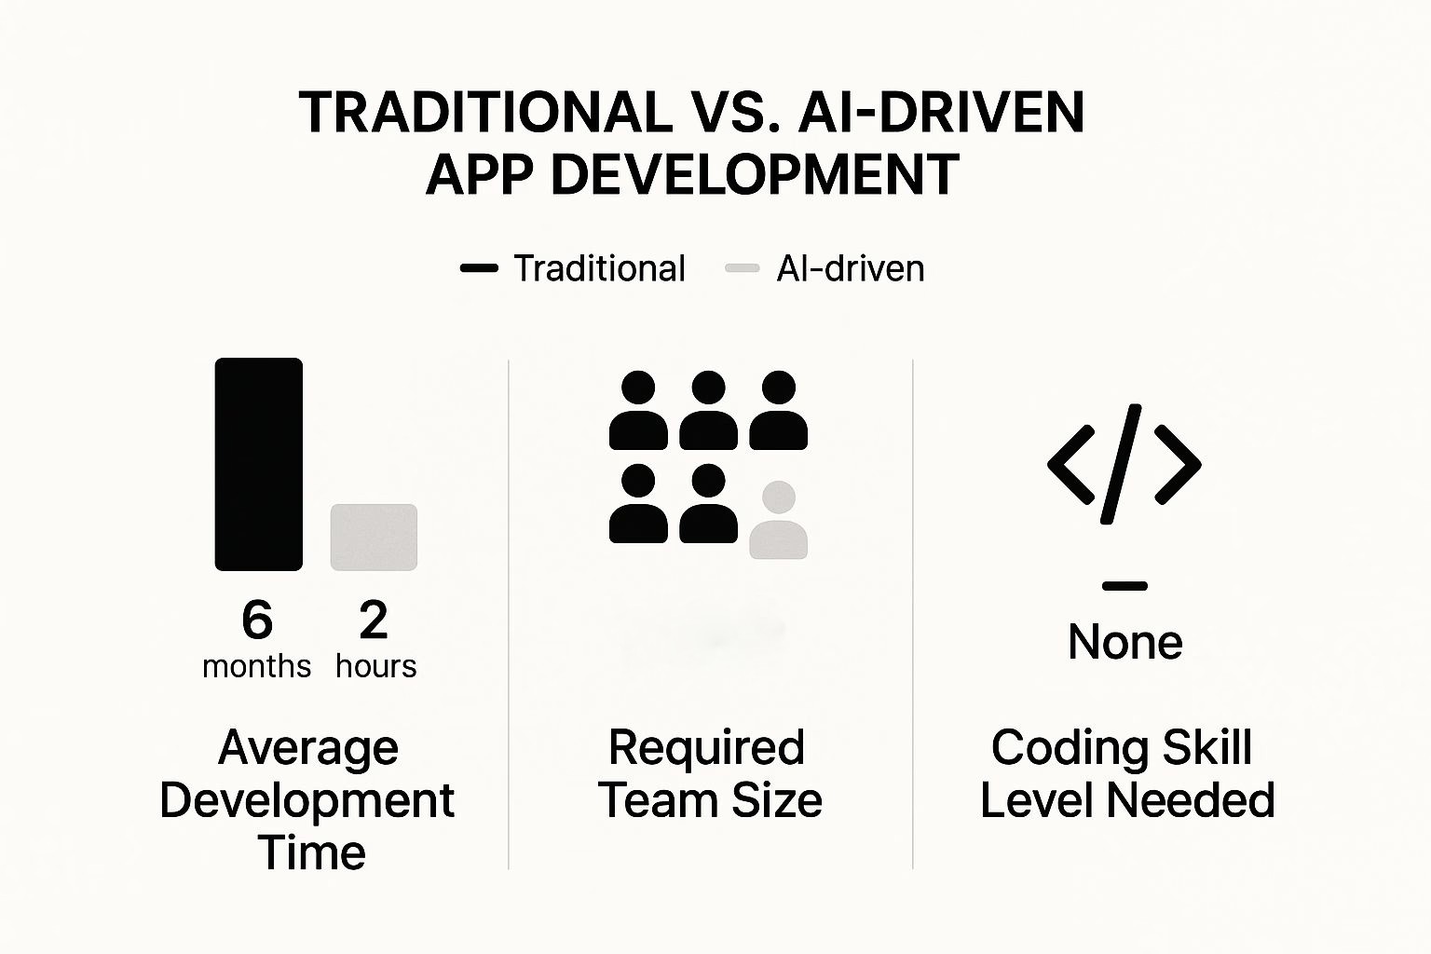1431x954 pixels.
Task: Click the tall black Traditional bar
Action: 258,464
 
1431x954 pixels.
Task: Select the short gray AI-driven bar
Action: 374,537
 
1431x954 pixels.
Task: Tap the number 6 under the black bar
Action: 257,620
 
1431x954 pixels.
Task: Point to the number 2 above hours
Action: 374,620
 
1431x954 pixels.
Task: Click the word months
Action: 256,666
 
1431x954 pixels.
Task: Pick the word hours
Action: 375,666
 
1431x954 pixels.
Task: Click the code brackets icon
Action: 1124,464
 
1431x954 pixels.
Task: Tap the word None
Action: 1124,642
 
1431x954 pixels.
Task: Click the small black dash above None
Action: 1124,586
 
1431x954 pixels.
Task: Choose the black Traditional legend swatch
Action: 479,268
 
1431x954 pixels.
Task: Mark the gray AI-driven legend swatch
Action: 743,268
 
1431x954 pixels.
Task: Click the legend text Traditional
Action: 599,268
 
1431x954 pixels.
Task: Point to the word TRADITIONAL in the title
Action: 485,113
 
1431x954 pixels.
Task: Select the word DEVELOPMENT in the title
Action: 755,174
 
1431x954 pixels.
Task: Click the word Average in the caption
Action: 308,747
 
